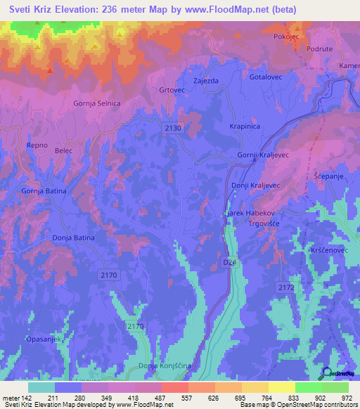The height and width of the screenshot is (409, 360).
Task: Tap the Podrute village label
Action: [320, 49]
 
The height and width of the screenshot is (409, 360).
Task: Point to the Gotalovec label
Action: [265, 77]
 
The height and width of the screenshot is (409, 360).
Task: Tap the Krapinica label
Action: [245, 126]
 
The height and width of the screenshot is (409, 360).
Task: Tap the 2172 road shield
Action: [285, 287]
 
